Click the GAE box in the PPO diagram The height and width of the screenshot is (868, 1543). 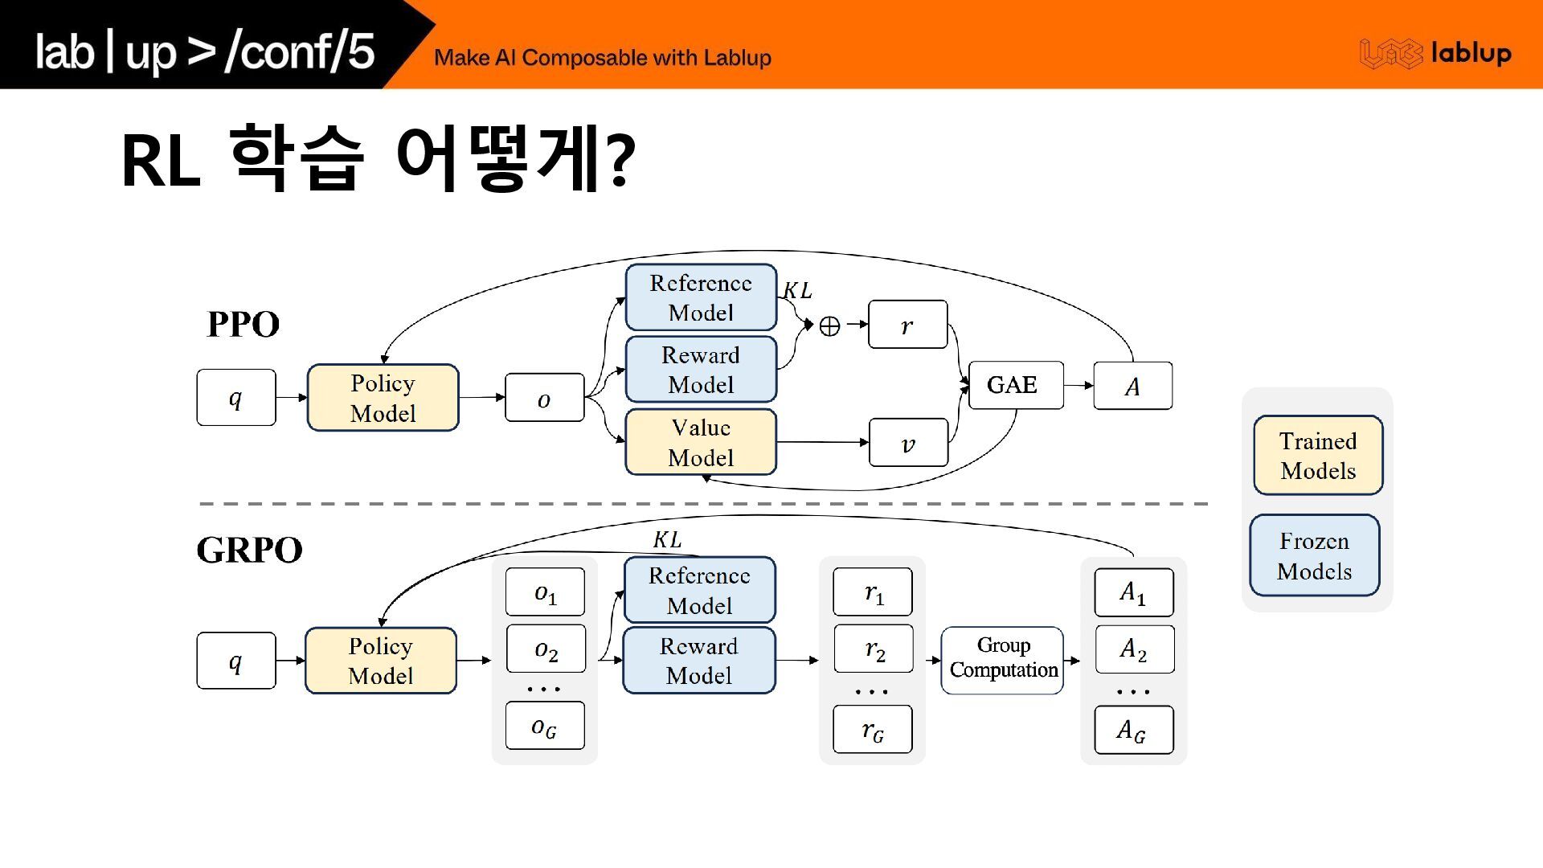pos(1016,386)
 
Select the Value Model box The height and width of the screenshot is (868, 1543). pos(701,442)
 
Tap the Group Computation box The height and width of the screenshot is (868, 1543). pos(1002,660)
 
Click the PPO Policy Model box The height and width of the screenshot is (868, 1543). pos(383,398)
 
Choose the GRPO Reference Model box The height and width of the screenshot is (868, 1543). pos(699,590)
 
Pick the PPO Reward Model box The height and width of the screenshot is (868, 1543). pos(701,370)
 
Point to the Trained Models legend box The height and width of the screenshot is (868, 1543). pos(1318,455)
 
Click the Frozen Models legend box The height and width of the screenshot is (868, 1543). pos(1315,555)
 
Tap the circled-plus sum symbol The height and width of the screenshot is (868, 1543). pos(829,325)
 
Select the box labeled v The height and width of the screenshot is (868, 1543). pos(908,443)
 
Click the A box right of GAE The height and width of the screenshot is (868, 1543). pos(1132,387)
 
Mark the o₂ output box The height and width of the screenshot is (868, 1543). pos(546,649)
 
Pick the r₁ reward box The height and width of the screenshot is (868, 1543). pos(873,592)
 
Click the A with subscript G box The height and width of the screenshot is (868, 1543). pos(1133,730)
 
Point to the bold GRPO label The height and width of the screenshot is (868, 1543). pos(249,551)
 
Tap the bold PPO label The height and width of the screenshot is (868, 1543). pos(243,325)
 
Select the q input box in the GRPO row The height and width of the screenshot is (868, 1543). pos(235,661)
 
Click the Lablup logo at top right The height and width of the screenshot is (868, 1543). pos(1435,54)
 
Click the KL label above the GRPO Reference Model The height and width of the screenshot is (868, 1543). pos(667,540)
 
